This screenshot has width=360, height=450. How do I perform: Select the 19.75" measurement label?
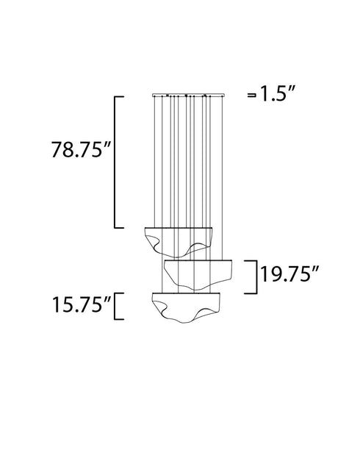(287, 277)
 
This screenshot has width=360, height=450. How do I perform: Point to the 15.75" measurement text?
(77, 305)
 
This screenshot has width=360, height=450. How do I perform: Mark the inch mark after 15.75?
(108, 298)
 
